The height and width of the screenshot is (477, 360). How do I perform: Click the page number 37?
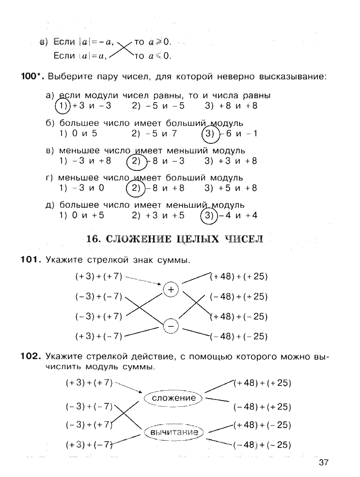(x=324, y=462)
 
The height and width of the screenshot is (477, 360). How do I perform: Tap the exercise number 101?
(x=30, y=260)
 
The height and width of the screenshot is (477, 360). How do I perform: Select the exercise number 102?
(x=30, y=357)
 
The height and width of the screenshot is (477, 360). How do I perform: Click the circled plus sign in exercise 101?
(x=171, y=290)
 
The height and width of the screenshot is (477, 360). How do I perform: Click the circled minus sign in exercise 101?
(x=171, y=327)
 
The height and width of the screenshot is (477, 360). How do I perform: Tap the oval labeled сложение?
(x=173, y=398)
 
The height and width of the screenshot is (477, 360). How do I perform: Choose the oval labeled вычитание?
(x=174, y=432)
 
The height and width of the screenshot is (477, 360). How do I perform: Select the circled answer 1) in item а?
(x=63, y=106)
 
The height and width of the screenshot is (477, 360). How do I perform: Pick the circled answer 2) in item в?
(x=136, y=161)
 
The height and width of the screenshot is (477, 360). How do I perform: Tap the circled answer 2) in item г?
(x=136, y=188)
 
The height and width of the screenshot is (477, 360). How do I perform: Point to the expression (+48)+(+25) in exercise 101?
(x=239, y=277)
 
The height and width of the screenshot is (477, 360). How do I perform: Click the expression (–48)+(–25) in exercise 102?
(x=262, y=445)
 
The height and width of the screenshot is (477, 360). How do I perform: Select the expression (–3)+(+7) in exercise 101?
(x=98, y=316)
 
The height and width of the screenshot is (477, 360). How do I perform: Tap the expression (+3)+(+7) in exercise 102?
(x=89, y=383)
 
